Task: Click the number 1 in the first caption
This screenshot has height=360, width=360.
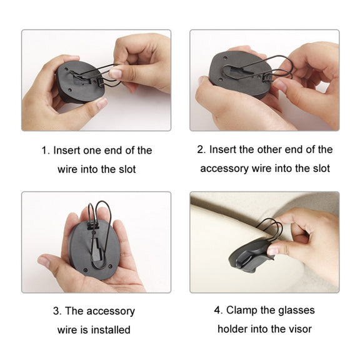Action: pos(45,151)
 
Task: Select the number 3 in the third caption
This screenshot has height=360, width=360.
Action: pos(57,311)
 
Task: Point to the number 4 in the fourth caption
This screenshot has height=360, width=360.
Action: pos(218,311)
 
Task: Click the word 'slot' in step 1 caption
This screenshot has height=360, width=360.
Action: pos(127,169)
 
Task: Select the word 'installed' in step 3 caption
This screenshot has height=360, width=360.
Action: pos(111,330)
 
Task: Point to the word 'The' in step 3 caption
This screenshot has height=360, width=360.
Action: pos(74,311)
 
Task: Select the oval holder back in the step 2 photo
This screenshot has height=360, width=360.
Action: pos(239,74)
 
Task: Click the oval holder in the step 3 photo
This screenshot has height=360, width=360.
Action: pos(94,249)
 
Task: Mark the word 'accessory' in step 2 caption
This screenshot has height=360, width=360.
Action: pos(224,169)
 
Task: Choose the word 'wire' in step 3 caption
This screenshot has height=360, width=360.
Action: pos(67,330)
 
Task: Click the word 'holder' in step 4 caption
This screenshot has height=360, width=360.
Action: pos(232,329)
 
